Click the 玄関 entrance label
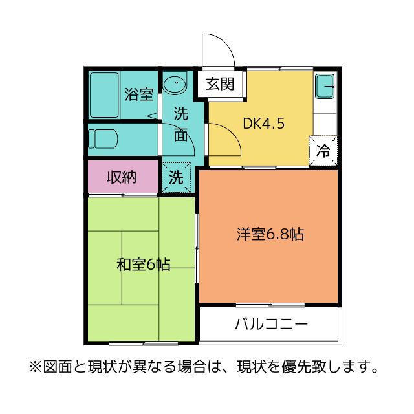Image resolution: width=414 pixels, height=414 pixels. click(220, 83)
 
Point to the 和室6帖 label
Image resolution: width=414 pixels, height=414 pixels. click(143, 265)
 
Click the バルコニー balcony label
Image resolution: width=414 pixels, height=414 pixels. click(271, 324)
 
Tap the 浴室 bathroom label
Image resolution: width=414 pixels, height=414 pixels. click(138, 94)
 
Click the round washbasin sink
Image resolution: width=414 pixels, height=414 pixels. click(174, 85)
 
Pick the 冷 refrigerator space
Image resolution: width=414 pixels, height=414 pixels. click(323, 151)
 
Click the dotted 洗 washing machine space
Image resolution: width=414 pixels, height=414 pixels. click(176, 177)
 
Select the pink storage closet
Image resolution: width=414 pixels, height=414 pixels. click(123, 176)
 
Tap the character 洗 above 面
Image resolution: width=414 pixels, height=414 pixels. click(181, 114)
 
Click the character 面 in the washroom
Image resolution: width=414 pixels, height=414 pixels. click(181, 136)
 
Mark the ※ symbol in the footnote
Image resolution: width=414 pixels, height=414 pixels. click(34, 367)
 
